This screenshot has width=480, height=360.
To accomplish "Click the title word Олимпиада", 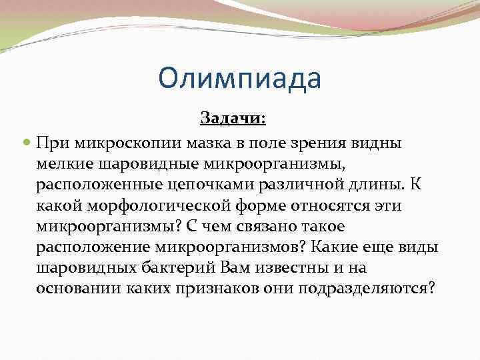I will click(240, 79).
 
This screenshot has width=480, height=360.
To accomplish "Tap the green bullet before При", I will click(26, 143).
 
